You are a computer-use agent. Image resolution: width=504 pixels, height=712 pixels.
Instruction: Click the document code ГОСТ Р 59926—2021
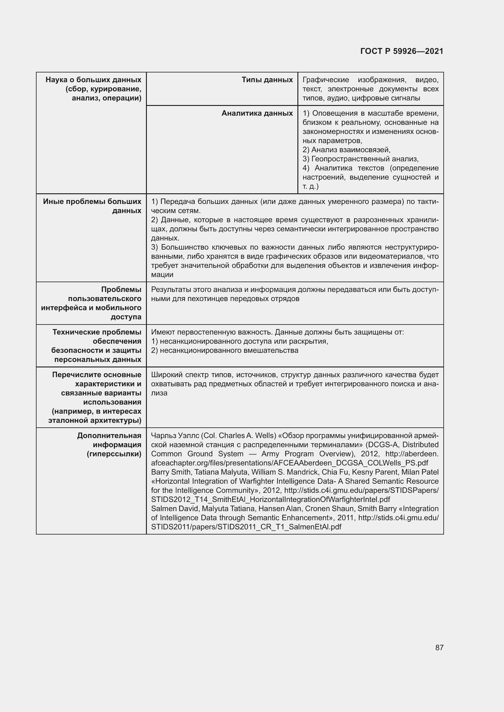point(402,51)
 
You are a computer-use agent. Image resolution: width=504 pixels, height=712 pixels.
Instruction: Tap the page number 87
point(439,647)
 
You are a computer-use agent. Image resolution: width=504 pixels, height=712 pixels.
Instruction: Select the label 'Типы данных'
point(267,80)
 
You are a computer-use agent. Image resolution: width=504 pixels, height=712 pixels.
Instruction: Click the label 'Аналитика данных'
point(257,114)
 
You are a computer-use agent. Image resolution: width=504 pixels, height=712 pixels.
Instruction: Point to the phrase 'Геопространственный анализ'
point(364,159)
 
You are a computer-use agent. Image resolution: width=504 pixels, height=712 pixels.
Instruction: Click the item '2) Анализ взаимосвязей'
point(346,150)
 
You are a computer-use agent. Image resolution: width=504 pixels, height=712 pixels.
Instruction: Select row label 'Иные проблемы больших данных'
point(92,206)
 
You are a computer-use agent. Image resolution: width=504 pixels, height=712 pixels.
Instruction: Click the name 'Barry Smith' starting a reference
point(170,472)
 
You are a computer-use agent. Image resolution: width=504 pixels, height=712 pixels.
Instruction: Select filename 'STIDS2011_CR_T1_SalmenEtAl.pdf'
point(246,527)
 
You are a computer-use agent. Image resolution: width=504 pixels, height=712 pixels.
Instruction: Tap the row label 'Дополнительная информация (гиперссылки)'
point(109,445)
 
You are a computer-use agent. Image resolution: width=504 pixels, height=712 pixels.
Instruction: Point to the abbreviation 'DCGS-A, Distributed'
point(403,445)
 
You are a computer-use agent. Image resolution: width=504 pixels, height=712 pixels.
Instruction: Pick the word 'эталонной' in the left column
point(66,420)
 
